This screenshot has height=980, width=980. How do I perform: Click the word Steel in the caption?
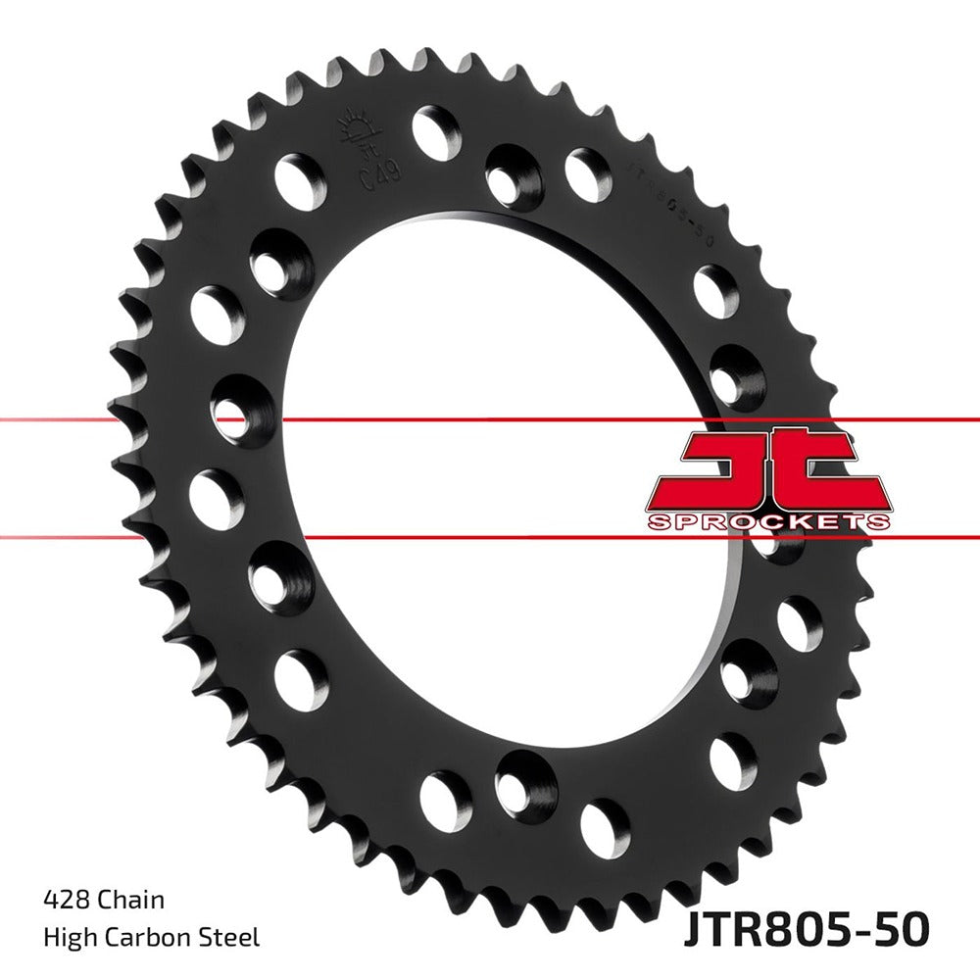click(231, 938)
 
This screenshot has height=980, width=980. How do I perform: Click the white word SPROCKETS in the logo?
click(768, 520)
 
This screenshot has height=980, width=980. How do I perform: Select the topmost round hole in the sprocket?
click(437, 132)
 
